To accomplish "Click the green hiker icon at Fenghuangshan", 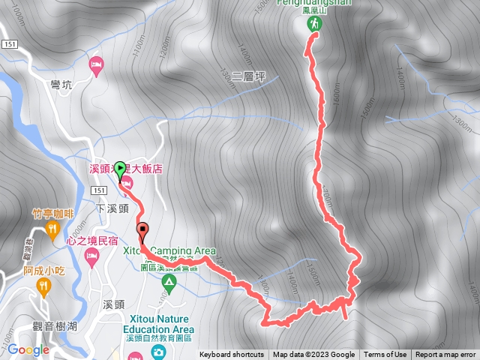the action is (x=314, y=24).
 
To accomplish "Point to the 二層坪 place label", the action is (x=249, y=76).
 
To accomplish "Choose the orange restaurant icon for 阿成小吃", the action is (x=44, y=284).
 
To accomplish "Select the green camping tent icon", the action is (x=169, y=283).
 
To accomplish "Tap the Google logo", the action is (x=28, y=349).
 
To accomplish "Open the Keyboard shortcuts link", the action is (x=231, y=355).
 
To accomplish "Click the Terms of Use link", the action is (x=385, y=355).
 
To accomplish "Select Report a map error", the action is (x=445, y=355).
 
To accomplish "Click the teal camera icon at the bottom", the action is (x=158, y=351).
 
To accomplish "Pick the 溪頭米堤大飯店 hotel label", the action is (x=126, y=169).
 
